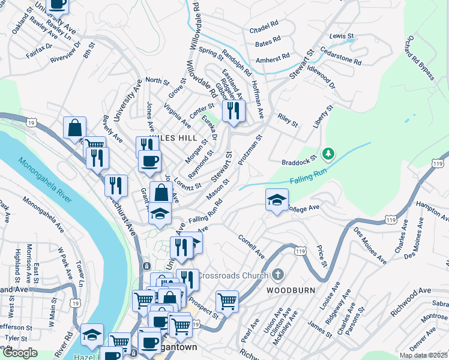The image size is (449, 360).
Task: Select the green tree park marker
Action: click(x=328, y=155)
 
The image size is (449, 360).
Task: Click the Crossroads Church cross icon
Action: click(x=277, y=275)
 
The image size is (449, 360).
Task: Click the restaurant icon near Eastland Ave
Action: click(x=232, y=110)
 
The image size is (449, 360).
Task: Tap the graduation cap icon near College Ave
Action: click(x=276, y=200)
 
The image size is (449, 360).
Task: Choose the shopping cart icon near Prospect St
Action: click(x=227, y=302)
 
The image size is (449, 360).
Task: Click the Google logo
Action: click(x=20, y=353)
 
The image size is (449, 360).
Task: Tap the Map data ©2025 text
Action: click(x=423, y=355)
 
